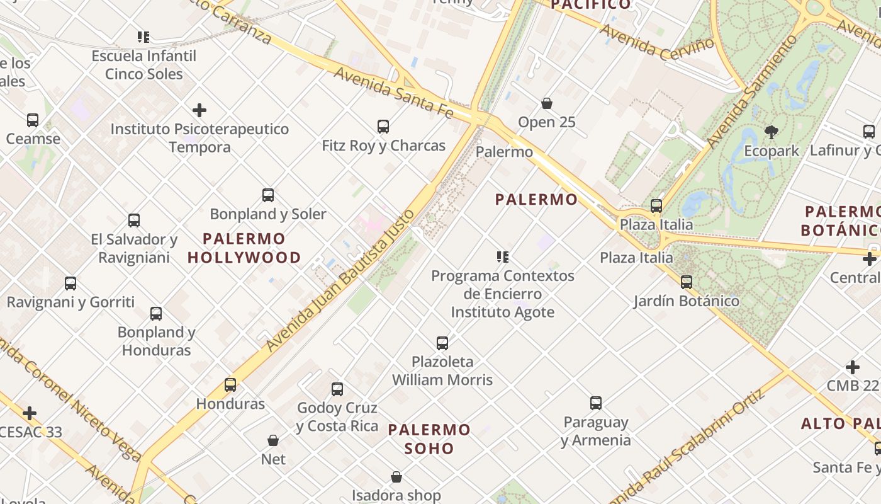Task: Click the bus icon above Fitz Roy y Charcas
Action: pos(383,127)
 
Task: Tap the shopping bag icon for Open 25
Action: pos(547,103)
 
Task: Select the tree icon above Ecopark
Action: pos(772,132)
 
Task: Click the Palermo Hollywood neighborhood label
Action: pos(244,248)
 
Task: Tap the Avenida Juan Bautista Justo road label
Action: pos(340,280)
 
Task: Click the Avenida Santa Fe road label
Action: pos(393,92)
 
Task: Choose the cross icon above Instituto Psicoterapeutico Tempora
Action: pos(199,110)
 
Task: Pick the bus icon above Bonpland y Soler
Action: pos(268,195)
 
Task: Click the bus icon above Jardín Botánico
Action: pos(687,282)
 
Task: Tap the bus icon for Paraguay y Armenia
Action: pos(596,403)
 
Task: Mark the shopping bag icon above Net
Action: pos(273,440)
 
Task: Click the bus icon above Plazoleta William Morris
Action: pos(442,343)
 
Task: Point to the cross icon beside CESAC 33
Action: pos(30,414)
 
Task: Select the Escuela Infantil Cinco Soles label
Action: pos(144,65)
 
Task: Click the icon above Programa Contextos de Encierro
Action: pos(502,257)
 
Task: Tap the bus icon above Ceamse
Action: pos(33,120)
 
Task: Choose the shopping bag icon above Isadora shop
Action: pos(396,477)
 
